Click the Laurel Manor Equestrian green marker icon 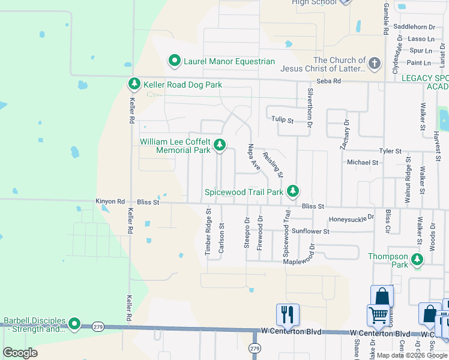[174, 61]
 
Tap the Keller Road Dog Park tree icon [134, 85]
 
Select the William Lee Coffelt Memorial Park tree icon [220, 145]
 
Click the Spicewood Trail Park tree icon [292, 191]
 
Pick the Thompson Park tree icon [417, 260]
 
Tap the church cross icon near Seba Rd [375, 63]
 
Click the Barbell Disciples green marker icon [74, 324]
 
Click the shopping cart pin [378, 314]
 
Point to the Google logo [20, 352]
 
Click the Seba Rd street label [328, 81]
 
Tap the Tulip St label [282, 120]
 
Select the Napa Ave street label [254, 157]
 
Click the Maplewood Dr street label [299, 260]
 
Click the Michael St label [363, 162]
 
